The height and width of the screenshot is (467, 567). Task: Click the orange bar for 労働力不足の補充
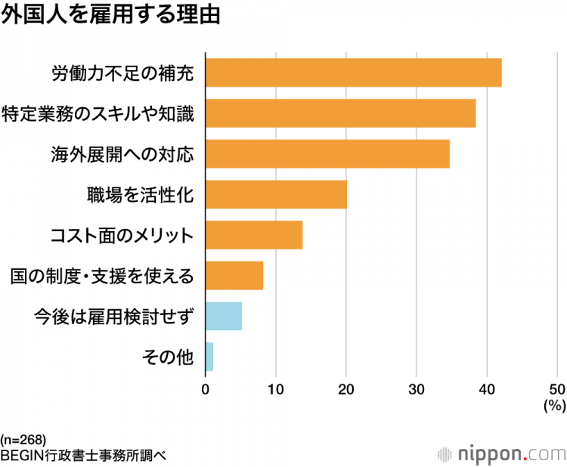tap(353, 73)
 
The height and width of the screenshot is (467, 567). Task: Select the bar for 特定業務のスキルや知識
tap(340, 113)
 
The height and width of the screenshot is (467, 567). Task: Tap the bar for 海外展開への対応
tap(327, 153)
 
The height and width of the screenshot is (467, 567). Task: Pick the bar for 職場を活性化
tap(276, 194)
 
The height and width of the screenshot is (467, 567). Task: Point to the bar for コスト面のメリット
tap(254, 235)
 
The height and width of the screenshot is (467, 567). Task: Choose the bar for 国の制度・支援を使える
tap(234, 276)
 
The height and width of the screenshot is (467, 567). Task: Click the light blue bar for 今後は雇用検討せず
tap(224, 316)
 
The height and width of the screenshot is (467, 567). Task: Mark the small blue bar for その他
tap(209, 357)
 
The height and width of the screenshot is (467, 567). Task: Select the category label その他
tap(168, 357)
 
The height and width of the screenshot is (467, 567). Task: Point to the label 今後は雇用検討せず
tap(114, 317)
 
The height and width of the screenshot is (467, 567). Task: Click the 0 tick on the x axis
tap(206, 390)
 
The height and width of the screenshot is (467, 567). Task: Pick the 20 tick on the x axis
tap(346, 390)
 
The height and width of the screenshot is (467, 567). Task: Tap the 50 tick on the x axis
tap(557, 390)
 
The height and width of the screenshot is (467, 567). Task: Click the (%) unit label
tap(554, 406)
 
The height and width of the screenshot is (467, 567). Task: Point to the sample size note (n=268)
tap(24, 439)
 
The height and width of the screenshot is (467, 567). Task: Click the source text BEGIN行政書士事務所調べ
tap(83, 455)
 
